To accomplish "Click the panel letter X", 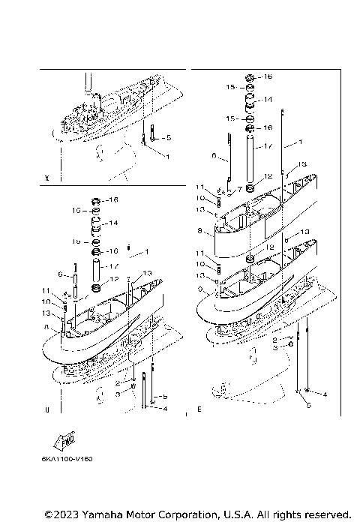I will [x=47, y=178].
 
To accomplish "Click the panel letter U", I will [x=47, y=410].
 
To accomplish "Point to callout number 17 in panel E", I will [x=267, y=146].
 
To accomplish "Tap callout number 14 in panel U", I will [x=114, y=223].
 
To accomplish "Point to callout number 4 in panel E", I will [x=325, y=393].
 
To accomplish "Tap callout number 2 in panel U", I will [x=118, y=382].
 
